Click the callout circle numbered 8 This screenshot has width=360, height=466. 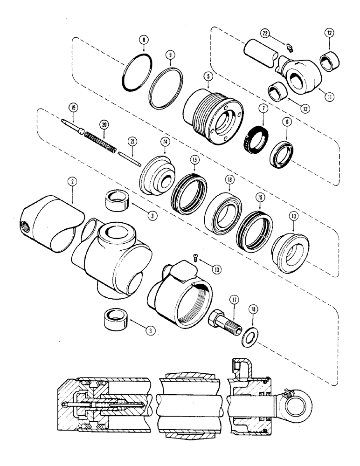coord(144,41)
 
